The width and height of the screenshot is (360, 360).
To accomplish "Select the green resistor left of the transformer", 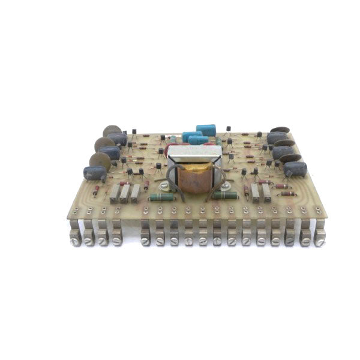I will click(161, 197).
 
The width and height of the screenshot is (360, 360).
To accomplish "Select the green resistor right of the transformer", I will click(224, 194).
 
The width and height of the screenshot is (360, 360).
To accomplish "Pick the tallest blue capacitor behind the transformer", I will click(206, 130).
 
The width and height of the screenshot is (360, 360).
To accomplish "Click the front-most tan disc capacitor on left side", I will click(99, 160).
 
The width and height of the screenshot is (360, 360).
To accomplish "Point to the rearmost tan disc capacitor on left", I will click(112, 130).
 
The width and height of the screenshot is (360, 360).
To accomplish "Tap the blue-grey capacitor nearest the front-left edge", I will click(95, 173).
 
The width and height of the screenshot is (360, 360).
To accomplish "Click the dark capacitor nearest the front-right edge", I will click(295, 169).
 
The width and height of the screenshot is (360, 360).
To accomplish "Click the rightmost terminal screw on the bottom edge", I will click(320, 242).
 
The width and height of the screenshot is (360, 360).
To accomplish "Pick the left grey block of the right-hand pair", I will click(255, 191).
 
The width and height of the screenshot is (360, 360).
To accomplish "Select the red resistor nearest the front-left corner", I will click(95, 191).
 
